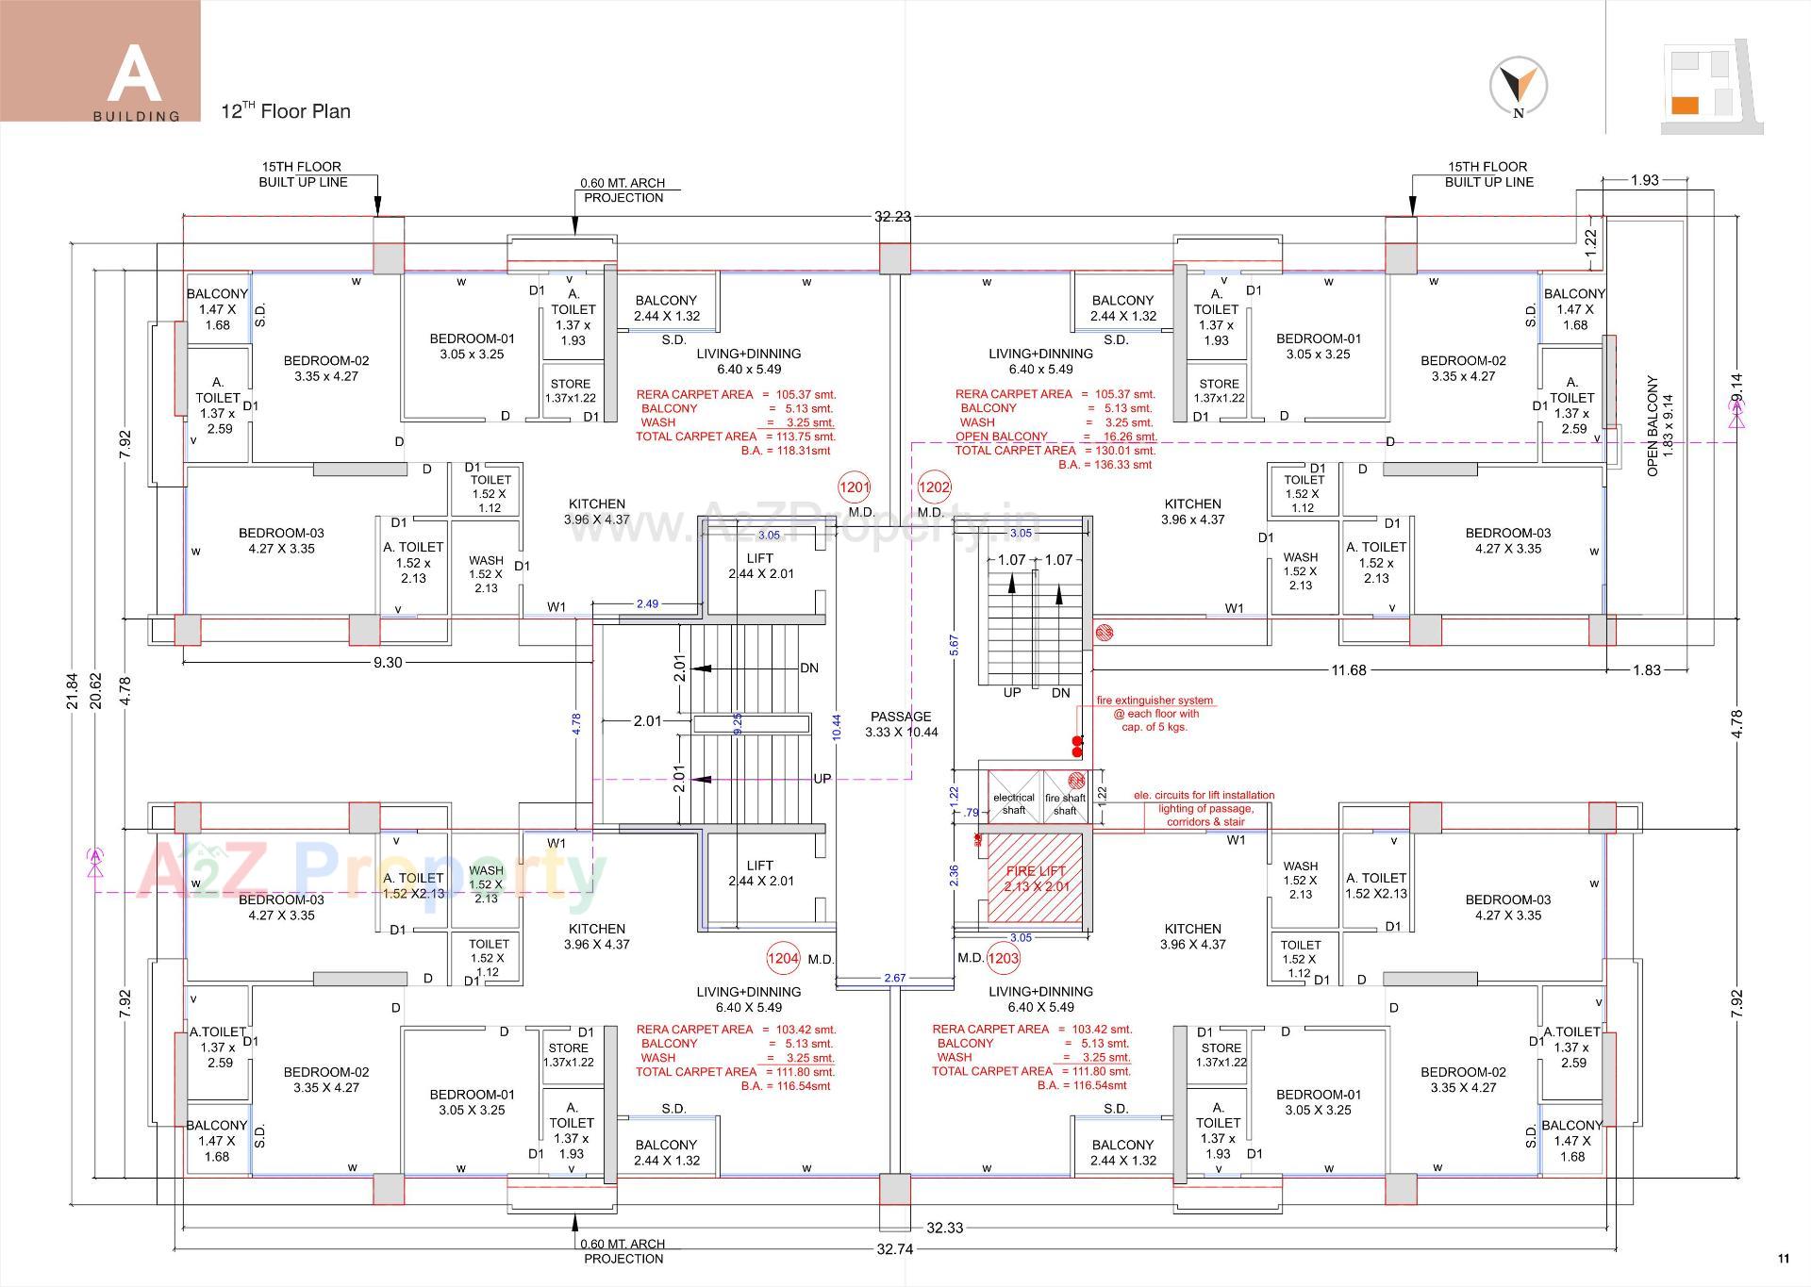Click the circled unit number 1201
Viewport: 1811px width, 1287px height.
pyautogui.click(x=854, y=487)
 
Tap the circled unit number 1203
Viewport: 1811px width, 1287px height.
pyautogui.click(x=1003, y=958)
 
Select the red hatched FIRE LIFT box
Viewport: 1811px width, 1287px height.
pyautogui.click(x=1035, y=878)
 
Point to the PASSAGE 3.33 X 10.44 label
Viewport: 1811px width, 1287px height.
pyautogui.click(x=901, y=724)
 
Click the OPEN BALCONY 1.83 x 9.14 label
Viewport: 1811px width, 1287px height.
pyautogui.click(x=1659, y=426)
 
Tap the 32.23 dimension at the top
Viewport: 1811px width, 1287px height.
pyautogui.click(x=892, y=217)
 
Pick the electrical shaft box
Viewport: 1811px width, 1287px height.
pyautogui.click(x=1013, y=798)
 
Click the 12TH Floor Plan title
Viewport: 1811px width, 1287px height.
pyautogui.click(x=285, y=111)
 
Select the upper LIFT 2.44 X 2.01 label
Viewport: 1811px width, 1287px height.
pyautogui.click(x=760, y=566)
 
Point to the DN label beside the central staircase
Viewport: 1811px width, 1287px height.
pyautogui.click(x=808, y=668)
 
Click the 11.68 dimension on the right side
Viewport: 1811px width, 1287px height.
pyautogui.click(x=1348, y=670)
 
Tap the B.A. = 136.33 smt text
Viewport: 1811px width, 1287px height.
pyautogui.click(x=1105, y=465)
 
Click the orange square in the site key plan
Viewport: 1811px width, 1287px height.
pyautogui.click(x=1685, y=106)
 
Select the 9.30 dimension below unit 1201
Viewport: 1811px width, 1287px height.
pyautogui.click(x=387, y=663)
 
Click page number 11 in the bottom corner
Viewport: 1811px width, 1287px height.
pyautogui.click(x=1783, y=1259)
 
